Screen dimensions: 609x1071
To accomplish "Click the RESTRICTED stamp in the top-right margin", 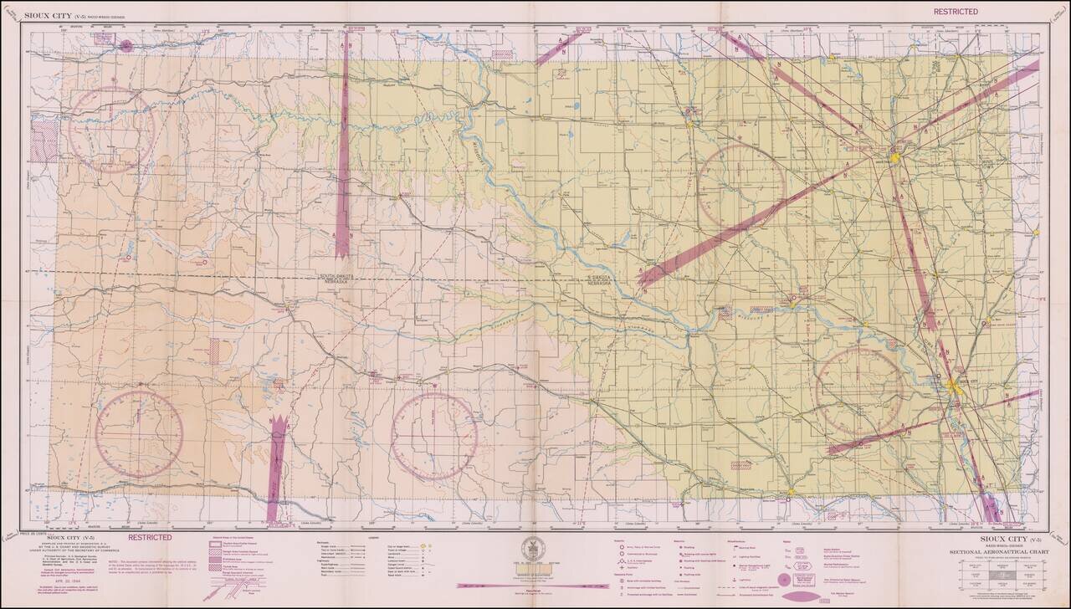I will (x=956, y=11).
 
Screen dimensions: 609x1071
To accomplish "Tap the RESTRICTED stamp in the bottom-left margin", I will (x=151, y=537).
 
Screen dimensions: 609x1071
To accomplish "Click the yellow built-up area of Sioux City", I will (x=955, y=386).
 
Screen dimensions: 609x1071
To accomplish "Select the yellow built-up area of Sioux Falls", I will (x=894, y=156).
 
